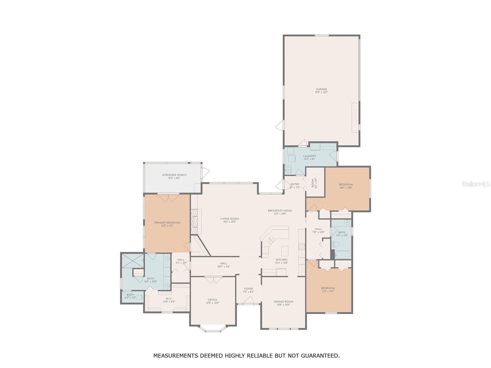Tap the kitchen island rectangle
coord(285,251)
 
